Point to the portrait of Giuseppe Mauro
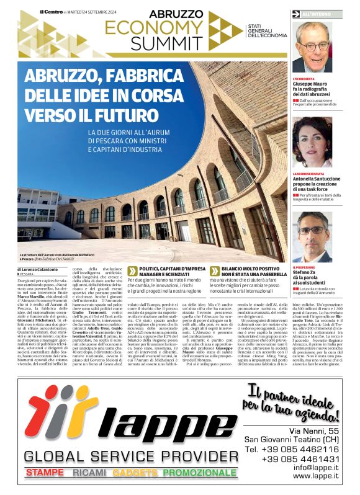point(313,47)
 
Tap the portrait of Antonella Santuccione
point(313,143)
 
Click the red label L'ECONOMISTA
point(304,79)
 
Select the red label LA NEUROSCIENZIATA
point(308,174)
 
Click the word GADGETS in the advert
point(135,473)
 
